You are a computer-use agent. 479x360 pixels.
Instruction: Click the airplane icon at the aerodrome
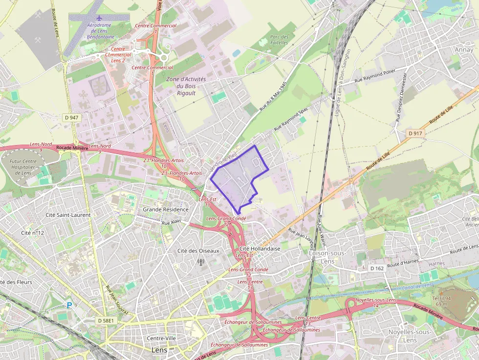pos(100,18)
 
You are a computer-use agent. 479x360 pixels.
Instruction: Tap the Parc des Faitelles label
pos(279,40)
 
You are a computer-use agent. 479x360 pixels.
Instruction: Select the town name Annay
pos(464,50)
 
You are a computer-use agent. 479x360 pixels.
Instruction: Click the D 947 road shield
pos(71,118)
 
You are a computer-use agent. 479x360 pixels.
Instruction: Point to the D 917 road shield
pos(415,133)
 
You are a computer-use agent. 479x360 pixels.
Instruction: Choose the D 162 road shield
pos(376,268)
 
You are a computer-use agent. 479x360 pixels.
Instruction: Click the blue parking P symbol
pos(69,305)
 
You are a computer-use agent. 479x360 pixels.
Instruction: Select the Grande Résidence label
pos(165,210)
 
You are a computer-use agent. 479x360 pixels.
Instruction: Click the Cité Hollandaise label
pos(260,248)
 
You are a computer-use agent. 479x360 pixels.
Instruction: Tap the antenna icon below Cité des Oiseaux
pos(200,261)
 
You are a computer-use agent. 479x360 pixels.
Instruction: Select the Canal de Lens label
pos(417,286)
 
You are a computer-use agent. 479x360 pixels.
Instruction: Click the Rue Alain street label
pos(171,222)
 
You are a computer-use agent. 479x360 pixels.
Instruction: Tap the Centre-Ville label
pos(161,339)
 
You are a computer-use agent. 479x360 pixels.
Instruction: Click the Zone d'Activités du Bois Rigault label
pos(186,86)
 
